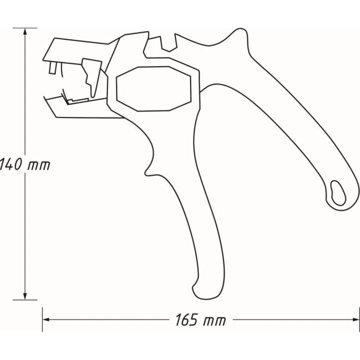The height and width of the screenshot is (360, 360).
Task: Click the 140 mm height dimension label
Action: click(25, 165)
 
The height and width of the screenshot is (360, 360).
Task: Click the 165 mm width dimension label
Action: click(201, 320)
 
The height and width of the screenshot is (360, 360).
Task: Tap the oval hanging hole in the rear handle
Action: click(338, 193)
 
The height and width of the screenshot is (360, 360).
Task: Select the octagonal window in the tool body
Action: click(154, 89)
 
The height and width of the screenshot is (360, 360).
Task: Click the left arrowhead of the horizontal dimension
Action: click(46, 319)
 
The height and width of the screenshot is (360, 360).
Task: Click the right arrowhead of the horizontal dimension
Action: click(356, 319)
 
